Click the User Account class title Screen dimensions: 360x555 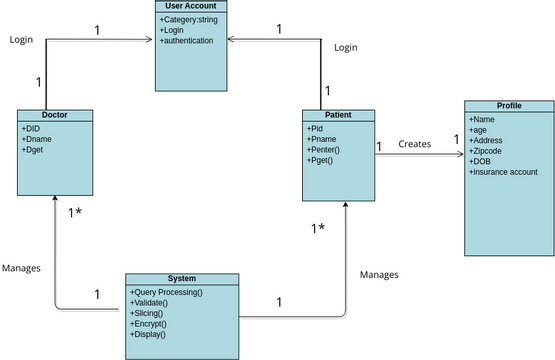[192, 7]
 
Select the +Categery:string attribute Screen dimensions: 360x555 [191, 20]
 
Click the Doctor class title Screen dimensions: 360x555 [54, 115]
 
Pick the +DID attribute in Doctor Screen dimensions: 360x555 [31, 128]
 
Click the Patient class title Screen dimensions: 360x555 [338, 115]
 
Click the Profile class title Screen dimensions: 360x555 [508, 105]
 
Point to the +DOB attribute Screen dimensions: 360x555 [481, 161]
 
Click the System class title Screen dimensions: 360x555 [182, 278]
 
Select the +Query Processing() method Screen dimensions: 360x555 [167, 292]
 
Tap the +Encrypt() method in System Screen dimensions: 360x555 [151, 324]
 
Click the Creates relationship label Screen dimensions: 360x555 [414, 144]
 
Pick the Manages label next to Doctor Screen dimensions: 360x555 [21, 268]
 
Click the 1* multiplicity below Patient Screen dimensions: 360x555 [317, 229]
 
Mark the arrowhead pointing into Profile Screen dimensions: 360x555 [459, 154]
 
